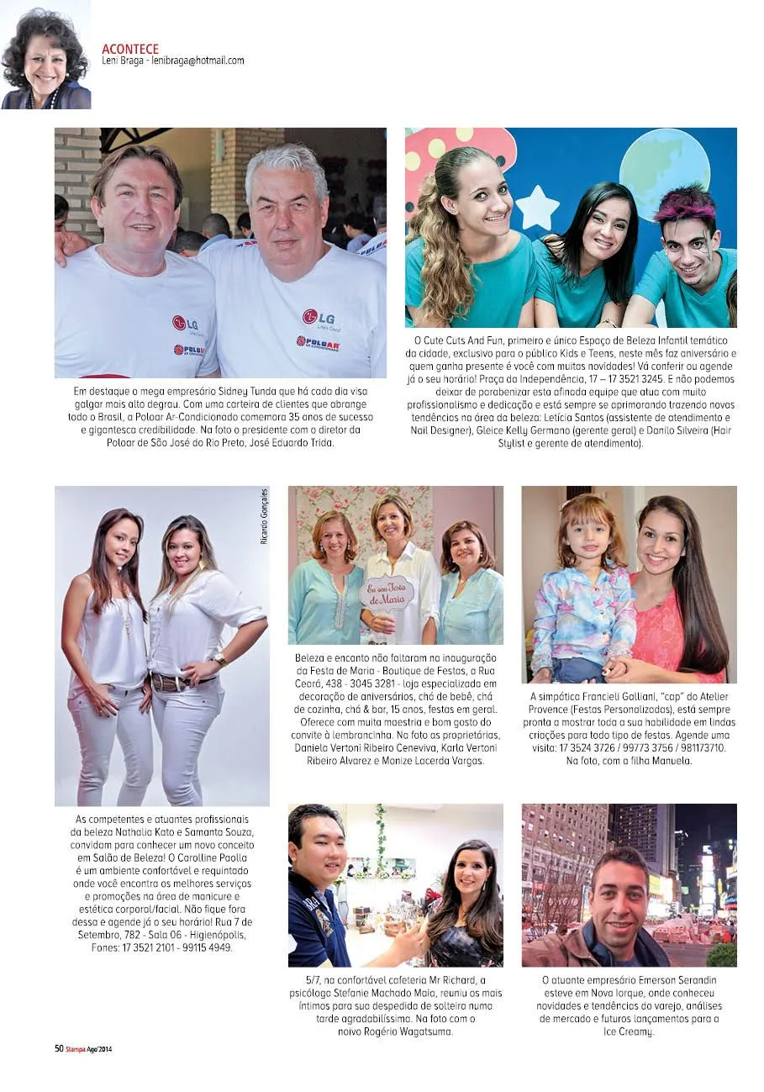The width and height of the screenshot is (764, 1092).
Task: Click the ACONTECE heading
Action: click(x=130, y=49)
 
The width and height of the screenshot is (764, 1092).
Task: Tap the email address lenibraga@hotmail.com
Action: click(x=198, y=61)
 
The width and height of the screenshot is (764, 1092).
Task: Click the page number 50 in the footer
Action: click(x=59, y=1048)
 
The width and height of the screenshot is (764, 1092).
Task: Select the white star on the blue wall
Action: click(x=536, y=208)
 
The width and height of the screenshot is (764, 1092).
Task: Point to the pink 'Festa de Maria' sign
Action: click(x=387, y=593)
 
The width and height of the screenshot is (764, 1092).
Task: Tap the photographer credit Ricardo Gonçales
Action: click(x=264, y=515)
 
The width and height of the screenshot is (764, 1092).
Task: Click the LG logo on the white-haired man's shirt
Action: click(x=319, y=317)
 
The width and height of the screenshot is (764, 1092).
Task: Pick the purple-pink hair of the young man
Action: click(x=687, y=203)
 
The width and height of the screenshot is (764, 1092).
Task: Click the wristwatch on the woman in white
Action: click(x=220, y=660)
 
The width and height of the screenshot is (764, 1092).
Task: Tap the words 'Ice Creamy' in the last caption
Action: click(x=630, y=1031)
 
